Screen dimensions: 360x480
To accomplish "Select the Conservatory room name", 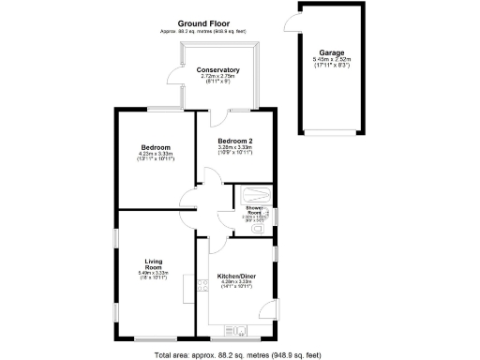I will [x=217, y=70].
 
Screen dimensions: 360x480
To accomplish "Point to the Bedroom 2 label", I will [x=235, y=141].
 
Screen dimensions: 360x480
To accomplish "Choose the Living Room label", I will [x=155, y=265].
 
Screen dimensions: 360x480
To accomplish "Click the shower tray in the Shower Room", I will [x=255, y=196].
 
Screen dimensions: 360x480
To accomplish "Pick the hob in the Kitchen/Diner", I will [x=201, y=284].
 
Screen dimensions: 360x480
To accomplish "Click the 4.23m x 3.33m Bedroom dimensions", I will [x=156, y=157].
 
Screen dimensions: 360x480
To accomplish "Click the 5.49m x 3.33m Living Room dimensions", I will [x=155, y=274].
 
